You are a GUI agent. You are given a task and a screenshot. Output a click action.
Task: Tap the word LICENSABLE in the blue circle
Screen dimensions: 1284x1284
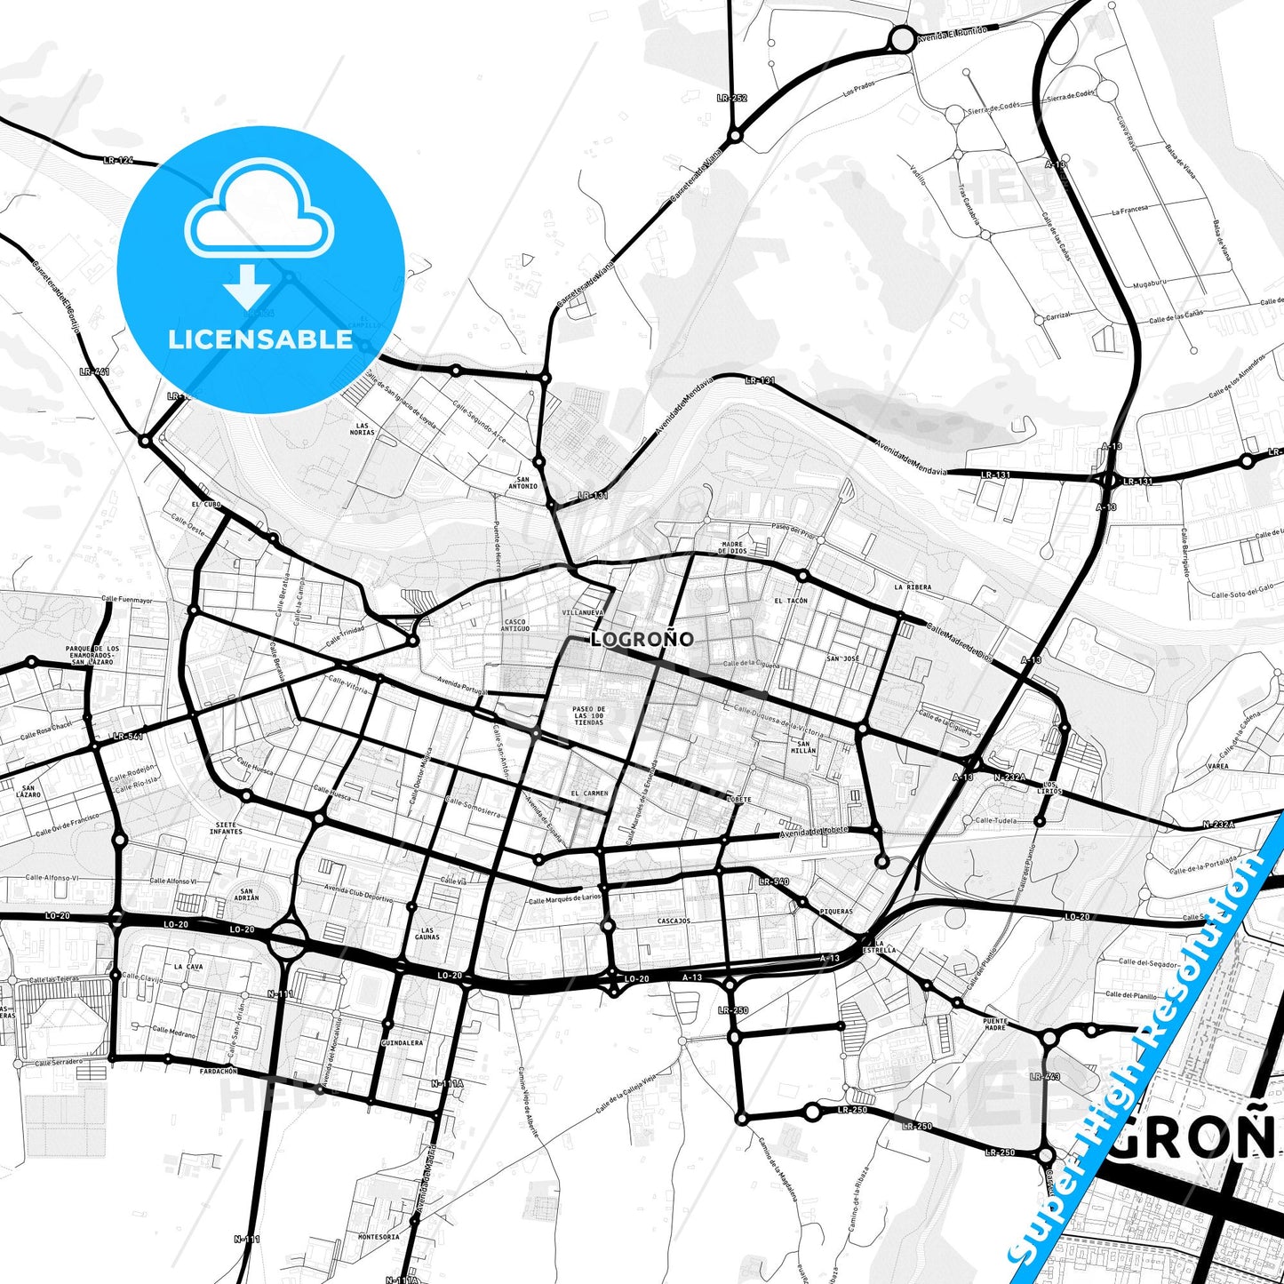pos(260,339)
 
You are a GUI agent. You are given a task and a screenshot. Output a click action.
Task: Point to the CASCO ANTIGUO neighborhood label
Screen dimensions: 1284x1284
pos(514,626)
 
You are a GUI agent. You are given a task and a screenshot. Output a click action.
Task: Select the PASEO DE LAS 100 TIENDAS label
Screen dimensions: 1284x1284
pos(588,715)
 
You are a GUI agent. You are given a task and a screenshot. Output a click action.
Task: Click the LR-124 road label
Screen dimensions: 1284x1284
pos(117,160)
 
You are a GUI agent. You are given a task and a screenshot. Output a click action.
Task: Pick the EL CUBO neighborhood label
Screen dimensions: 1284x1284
pos(205,504)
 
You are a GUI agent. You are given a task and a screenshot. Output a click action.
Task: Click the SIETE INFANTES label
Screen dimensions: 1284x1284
pos(226,828)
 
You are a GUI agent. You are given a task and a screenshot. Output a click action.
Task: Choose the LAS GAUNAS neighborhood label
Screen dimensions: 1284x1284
pos(427,933)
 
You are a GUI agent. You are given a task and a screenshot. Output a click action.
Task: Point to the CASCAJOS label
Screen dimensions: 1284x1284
pos(674,921)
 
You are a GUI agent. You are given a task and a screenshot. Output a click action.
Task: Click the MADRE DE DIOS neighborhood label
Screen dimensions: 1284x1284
pos(733,547)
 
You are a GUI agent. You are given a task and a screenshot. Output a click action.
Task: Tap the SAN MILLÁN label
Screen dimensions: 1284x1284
pos(805,746)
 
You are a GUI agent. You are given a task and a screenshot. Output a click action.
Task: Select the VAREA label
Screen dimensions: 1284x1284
pos(1218,765)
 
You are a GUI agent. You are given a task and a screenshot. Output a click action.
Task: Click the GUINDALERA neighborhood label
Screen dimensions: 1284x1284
pos(402,1042)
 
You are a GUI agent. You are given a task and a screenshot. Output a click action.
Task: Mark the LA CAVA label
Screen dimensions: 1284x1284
pos(188,966)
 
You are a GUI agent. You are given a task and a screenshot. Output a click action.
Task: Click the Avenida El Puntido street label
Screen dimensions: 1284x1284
pos(953,32)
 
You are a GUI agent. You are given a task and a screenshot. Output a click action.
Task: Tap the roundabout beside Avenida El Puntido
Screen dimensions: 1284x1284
pos(902,38)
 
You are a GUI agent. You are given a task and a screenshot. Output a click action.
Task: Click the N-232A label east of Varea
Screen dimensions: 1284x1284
pos(1218,825)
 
